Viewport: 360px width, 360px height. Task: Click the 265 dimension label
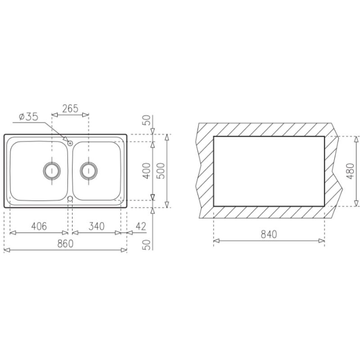(x=70, y=108)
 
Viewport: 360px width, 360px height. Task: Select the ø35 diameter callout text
(x=29, y=117)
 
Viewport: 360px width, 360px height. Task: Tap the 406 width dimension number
(x=39, y=226)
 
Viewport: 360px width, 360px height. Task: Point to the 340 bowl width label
(x=97, y=226)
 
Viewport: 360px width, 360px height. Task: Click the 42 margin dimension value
(x=141, y=227)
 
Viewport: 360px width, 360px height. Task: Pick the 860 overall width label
(x=65, y=243)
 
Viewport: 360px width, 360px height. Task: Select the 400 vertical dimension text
(x=147, y=171)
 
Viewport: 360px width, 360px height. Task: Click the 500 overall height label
(x=161, y=171)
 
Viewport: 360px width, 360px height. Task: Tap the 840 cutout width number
(x=269, y=234)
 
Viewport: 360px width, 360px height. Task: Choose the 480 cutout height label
(x=351, y=171)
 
